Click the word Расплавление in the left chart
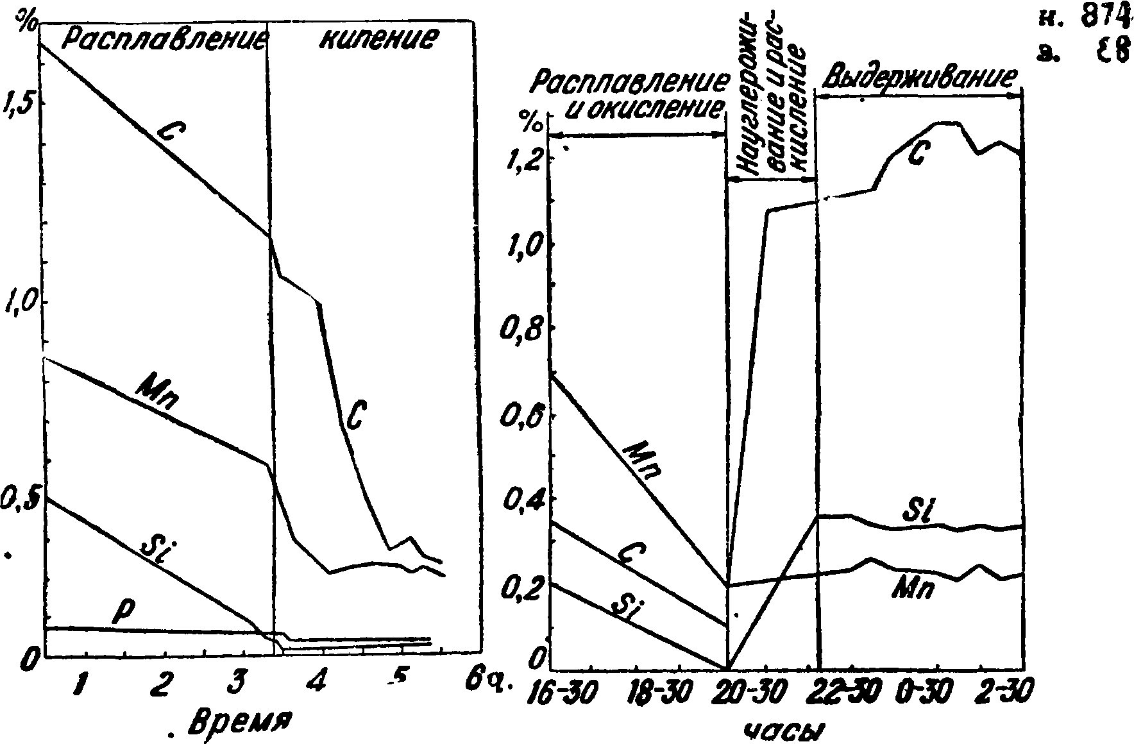tap(165, 42)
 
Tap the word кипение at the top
tap(379, 40)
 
